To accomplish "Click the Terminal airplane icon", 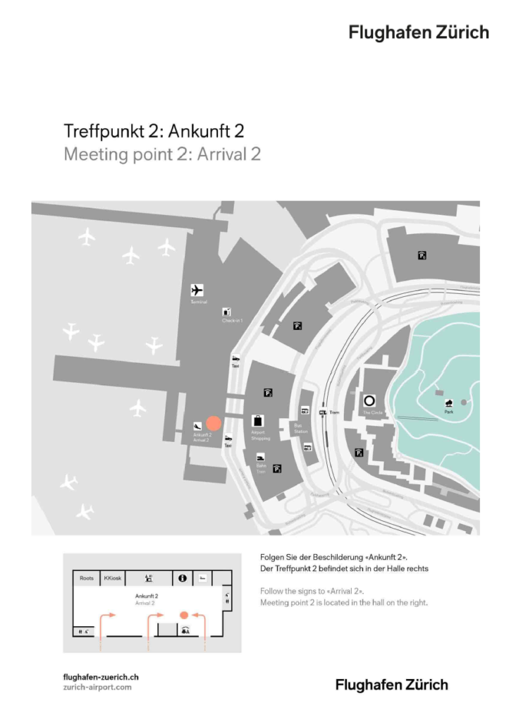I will click(197, 290).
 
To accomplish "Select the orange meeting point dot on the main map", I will click(214, 423).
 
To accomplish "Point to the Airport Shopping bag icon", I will click(259, 421).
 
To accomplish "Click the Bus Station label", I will click(301, 428).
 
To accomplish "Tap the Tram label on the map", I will click(335, 412).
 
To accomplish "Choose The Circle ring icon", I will click(369, 400).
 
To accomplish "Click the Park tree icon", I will click(448, 402).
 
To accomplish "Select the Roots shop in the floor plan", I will click(87, 578).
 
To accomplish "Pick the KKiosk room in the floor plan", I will click(113, 578).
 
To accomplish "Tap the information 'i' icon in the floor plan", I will click(182, 578).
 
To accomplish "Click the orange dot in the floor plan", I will click(184, 615).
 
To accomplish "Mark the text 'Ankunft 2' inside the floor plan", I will click(146, 596).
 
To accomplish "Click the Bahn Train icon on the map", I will click(260, 457).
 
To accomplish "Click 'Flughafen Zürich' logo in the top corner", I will click(418, 32).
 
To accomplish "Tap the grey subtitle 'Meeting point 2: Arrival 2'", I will click(162, 154).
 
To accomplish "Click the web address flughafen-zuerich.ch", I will click(101, 677).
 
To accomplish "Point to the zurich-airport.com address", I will click(97, 687).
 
